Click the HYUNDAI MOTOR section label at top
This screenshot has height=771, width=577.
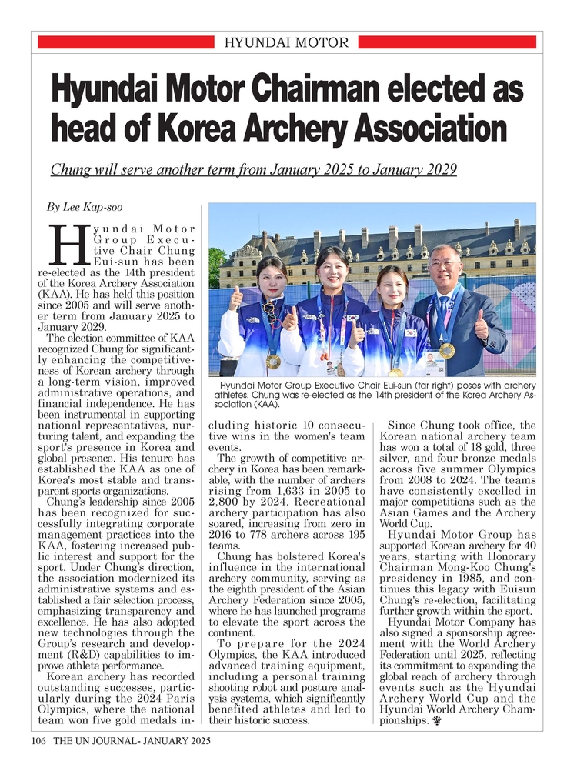coord(286,42)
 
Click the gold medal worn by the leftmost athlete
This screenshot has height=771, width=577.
coord(273,360)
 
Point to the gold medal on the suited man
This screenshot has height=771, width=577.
coord(448,350)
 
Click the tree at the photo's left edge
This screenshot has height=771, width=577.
coord(216,266)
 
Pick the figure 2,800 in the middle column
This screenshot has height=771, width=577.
coord(226,504)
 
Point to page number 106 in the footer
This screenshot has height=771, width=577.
coord(40,742)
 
